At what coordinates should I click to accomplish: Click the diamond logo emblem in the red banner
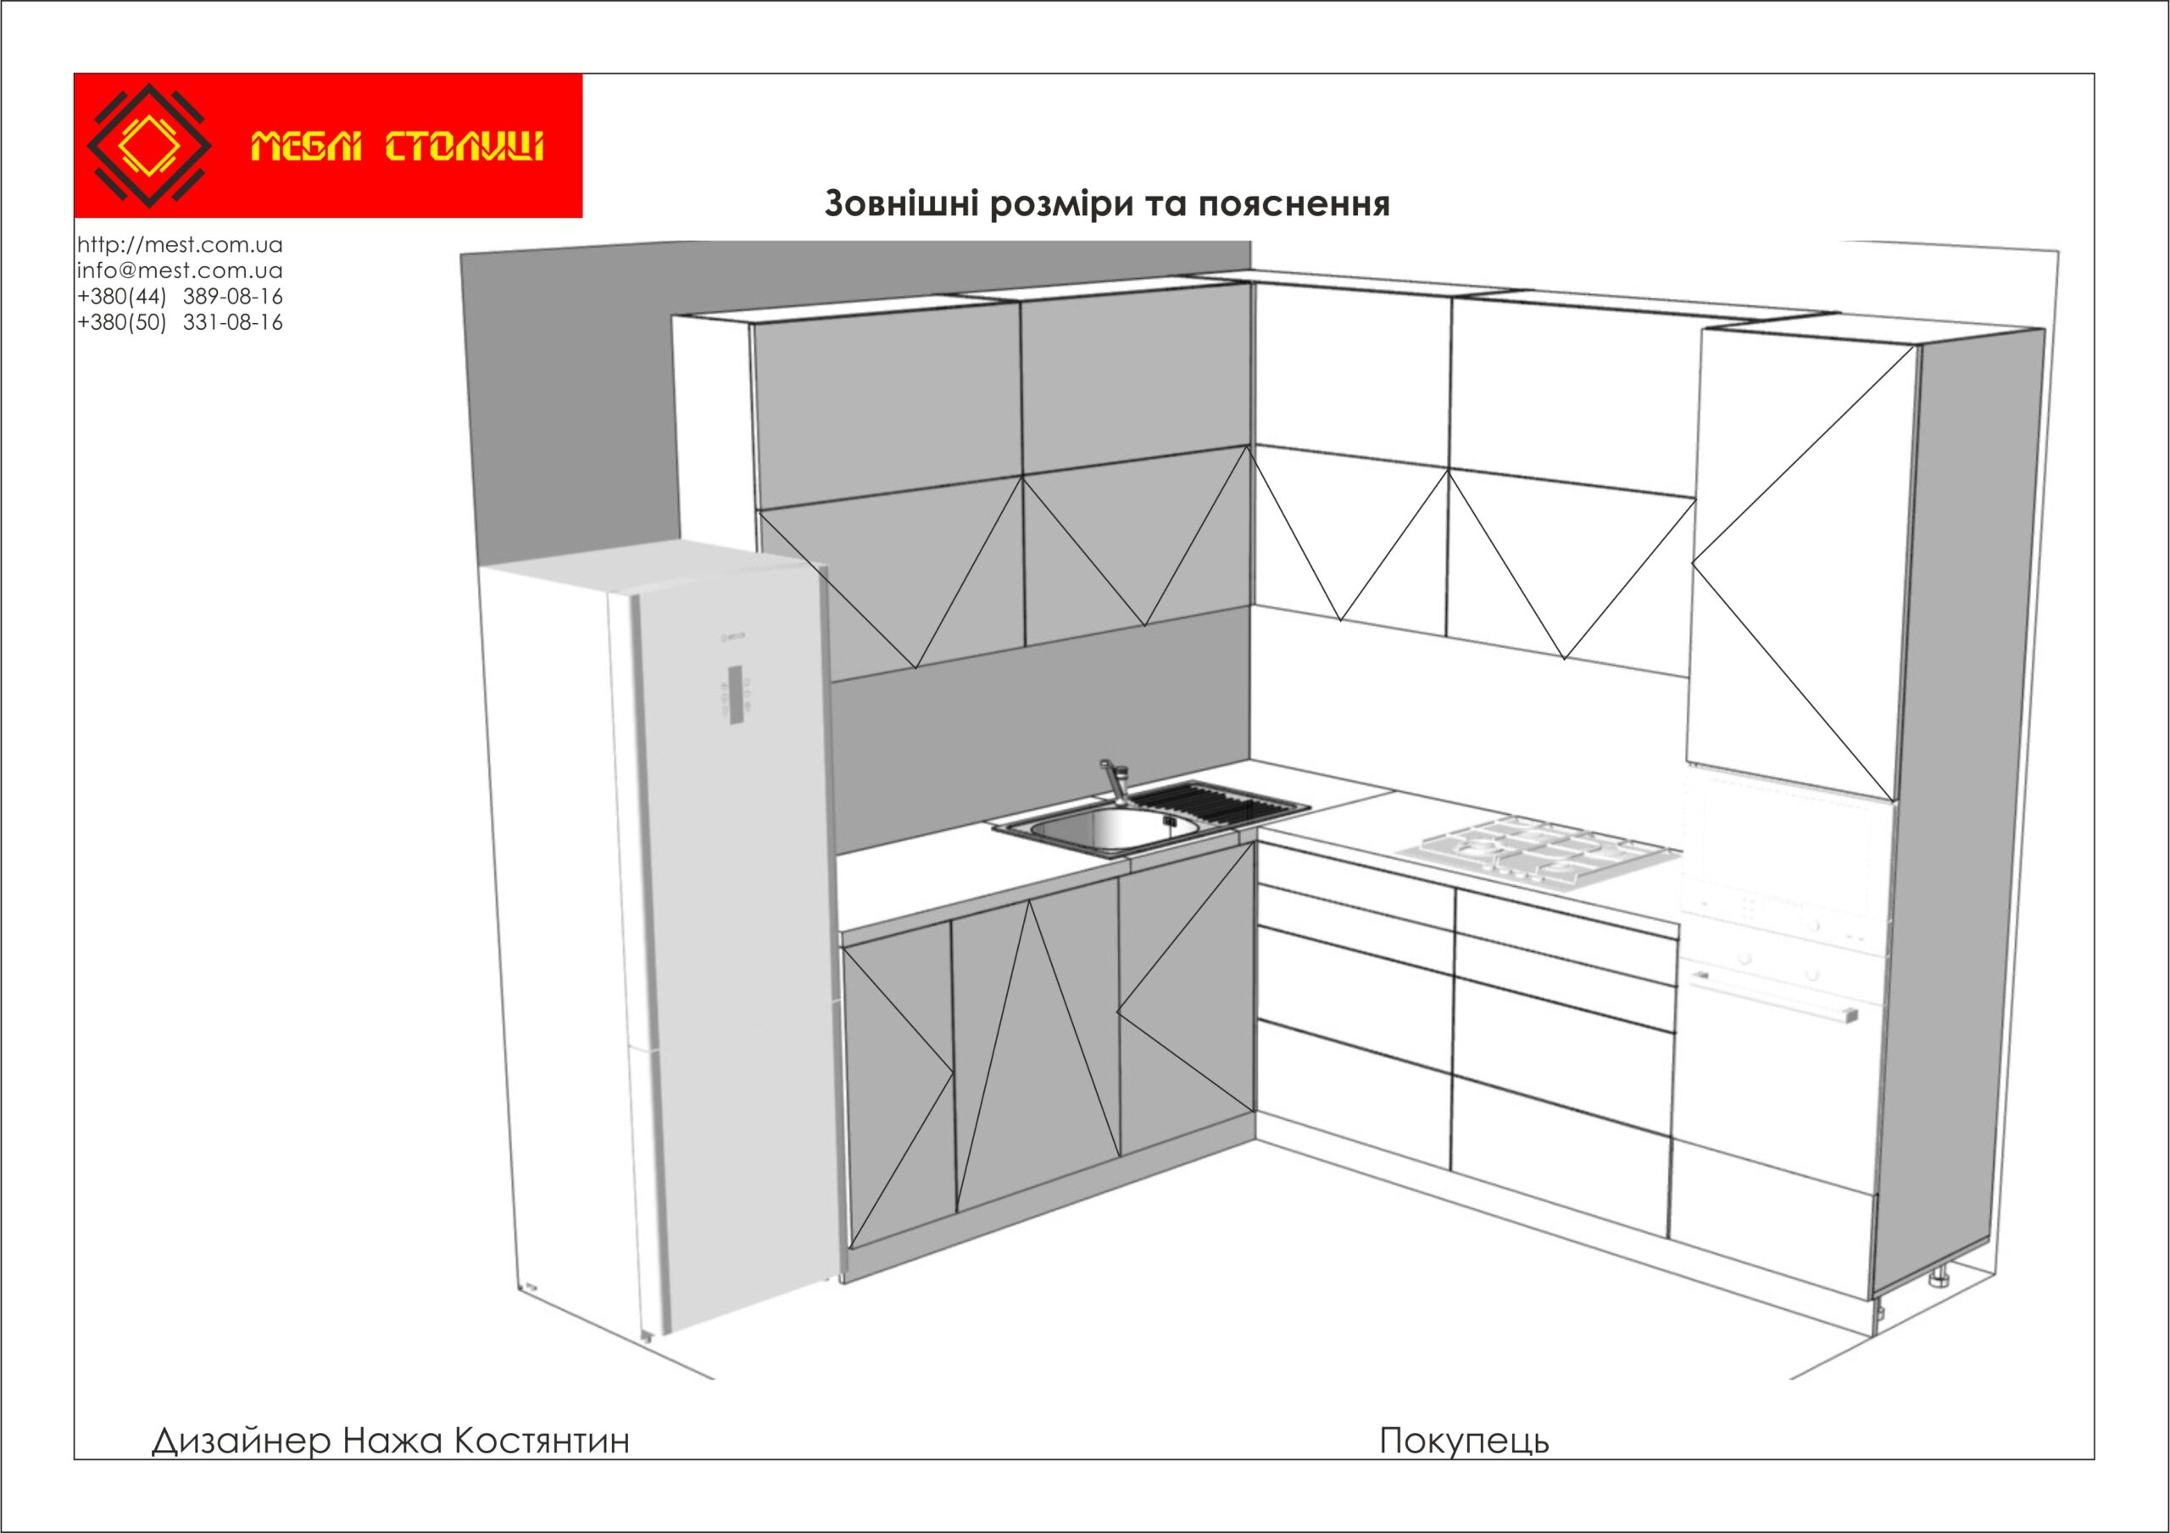(148, 146)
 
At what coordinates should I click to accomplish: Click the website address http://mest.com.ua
(180, 245)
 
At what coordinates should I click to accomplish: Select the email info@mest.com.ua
(180, 270)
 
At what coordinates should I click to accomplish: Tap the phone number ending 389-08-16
(232, 296)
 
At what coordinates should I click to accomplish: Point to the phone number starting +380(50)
(122, 322)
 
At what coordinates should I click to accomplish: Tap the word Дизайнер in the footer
(241, 1441)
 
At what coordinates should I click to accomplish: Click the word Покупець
(1464, 1441)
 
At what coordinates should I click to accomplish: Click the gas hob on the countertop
(1536, 850)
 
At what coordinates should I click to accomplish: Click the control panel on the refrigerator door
(737, 695)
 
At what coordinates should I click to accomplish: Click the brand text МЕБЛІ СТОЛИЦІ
(397, 148)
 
